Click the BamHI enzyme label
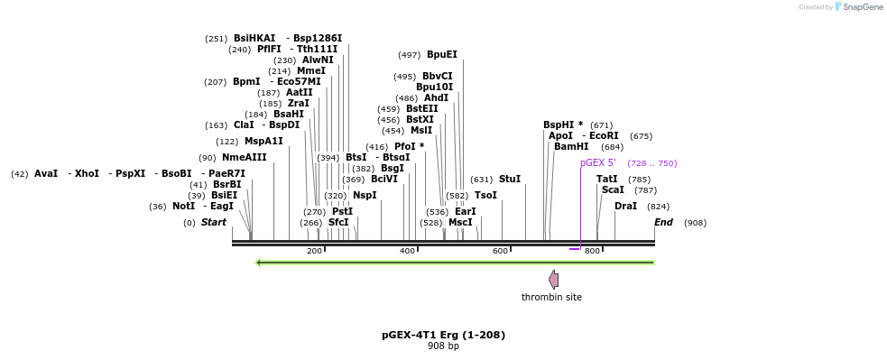coord(571,146)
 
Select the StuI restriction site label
coord(510,180)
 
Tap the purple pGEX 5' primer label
coord(598,163)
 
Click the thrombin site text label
coord(551,297)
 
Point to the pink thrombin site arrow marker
coord(553,280)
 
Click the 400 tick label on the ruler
coord(407,251)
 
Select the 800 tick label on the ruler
coord(592,251)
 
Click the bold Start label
coord(214,222)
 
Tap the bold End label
coord(663,222)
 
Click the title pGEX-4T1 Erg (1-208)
coord(443,335)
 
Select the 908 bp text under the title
coord(443,346)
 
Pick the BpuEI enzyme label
coord(442,54)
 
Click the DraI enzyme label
coord(625,207)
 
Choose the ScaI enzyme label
coord(613,190)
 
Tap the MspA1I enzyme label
coord(263,141)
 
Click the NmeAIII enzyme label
coord(245,157)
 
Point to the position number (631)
coord(482,180)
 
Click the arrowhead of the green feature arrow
coord(259,263)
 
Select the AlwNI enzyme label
coord(318,60)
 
